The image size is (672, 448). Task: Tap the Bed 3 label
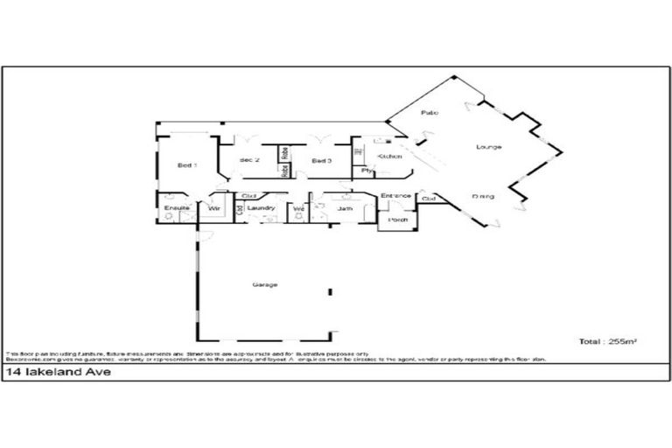click(321, 161)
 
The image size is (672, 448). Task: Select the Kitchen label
click(388, 156)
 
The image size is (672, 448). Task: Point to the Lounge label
click(488, 147)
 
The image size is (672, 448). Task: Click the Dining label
click(482, 196)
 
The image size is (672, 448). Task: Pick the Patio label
click(429, 114)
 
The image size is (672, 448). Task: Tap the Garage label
click(264, 285)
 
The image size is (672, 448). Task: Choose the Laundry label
click(262, 208)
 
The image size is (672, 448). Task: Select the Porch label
click(398, 220)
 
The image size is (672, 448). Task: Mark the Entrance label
click(395, 196)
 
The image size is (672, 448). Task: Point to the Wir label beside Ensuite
click(213, 208)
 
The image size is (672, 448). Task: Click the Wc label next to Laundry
click(297, 209)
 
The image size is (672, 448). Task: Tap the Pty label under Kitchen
click(366, 171)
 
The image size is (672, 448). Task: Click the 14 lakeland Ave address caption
click(49, 372)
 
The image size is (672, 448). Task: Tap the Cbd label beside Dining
click(429, 199)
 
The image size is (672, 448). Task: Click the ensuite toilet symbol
click(169, 216)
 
